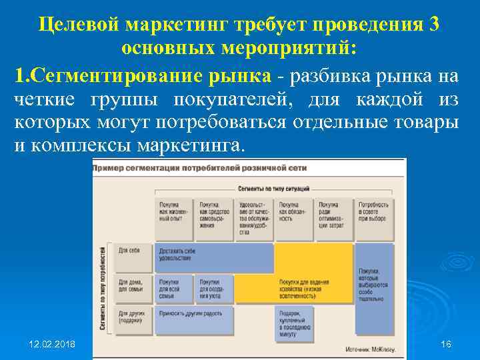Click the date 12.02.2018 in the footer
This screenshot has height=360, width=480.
52,344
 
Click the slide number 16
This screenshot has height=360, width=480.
446,344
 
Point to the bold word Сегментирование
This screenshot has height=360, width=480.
149,76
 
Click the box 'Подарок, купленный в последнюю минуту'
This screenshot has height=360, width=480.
294,320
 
